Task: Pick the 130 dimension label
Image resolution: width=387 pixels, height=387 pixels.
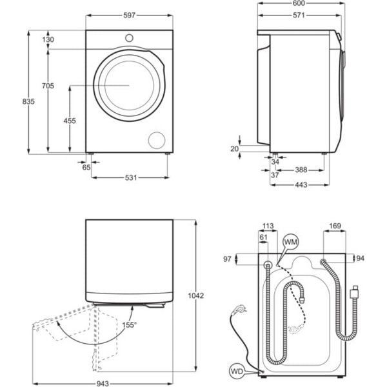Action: tap(48, 40)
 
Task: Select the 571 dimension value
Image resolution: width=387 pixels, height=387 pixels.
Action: tap(298, 17)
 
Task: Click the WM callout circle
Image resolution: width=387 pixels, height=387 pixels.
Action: tap(290, 242)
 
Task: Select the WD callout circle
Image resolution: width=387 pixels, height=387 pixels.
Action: tap(238, 371)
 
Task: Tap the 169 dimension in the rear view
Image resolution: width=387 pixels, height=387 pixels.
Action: tap(335, 226)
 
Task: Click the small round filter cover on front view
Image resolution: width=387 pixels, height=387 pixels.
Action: tap(157, 140)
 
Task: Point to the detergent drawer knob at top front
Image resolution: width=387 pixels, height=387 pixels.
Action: tap(130, 37)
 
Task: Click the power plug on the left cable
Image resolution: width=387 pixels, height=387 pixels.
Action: tap(239, 309)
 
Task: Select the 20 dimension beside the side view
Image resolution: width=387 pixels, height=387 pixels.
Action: tap(235, 149)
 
